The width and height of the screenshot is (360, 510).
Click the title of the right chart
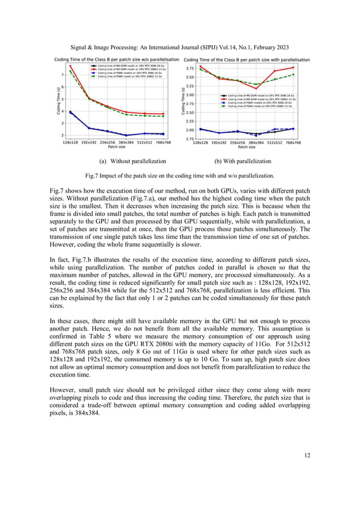[248, 59]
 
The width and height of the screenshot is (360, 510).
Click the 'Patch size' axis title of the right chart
[247, 147]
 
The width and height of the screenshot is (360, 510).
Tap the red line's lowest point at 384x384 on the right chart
[256, 89]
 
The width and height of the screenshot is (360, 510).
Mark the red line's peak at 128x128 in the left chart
[71, 66]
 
